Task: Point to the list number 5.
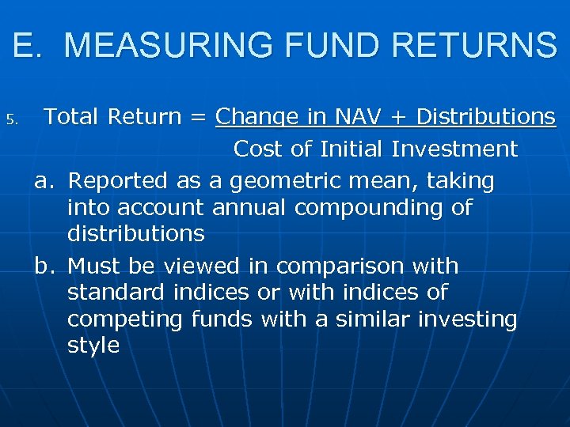[11, 121]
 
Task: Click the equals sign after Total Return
[198, 117]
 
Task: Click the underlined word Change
[256, 118]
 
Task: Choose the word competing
[126, 320]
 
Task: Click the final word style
[93, 346]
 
